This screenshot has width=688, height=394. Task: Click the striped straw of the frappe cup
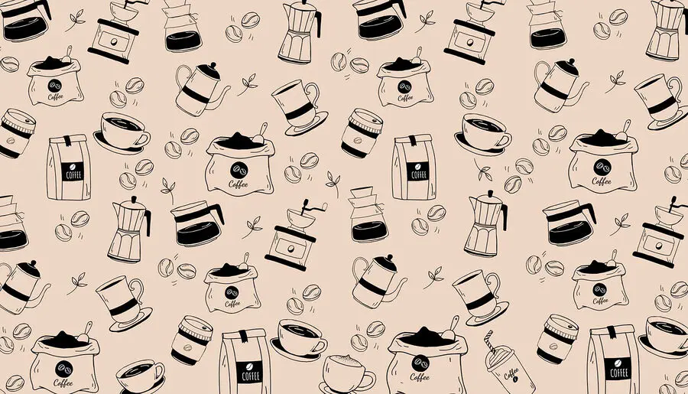point(490,341)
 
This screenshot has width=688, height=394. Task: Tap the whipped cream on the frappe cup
point(499,352)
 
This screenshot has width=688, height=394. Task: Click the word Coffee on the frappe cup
point(511,373)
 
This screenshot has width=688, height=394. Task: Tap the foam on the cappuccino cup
point(345,360)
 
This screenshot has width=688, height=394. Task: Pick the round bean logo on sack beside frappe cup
point(420,363)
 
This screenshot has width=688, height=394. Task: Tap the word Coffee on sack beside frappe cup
point(420,377)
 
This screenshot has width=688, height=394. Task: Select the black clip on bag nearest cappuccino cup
point(244,336)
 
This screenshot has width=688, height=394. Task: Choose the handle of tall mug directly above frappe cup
point(493,284)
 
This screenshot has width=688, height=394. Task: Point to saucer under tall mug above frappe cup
point(488,314)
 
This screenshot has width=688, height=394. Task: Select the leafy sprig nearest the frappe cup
point(433,277)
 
